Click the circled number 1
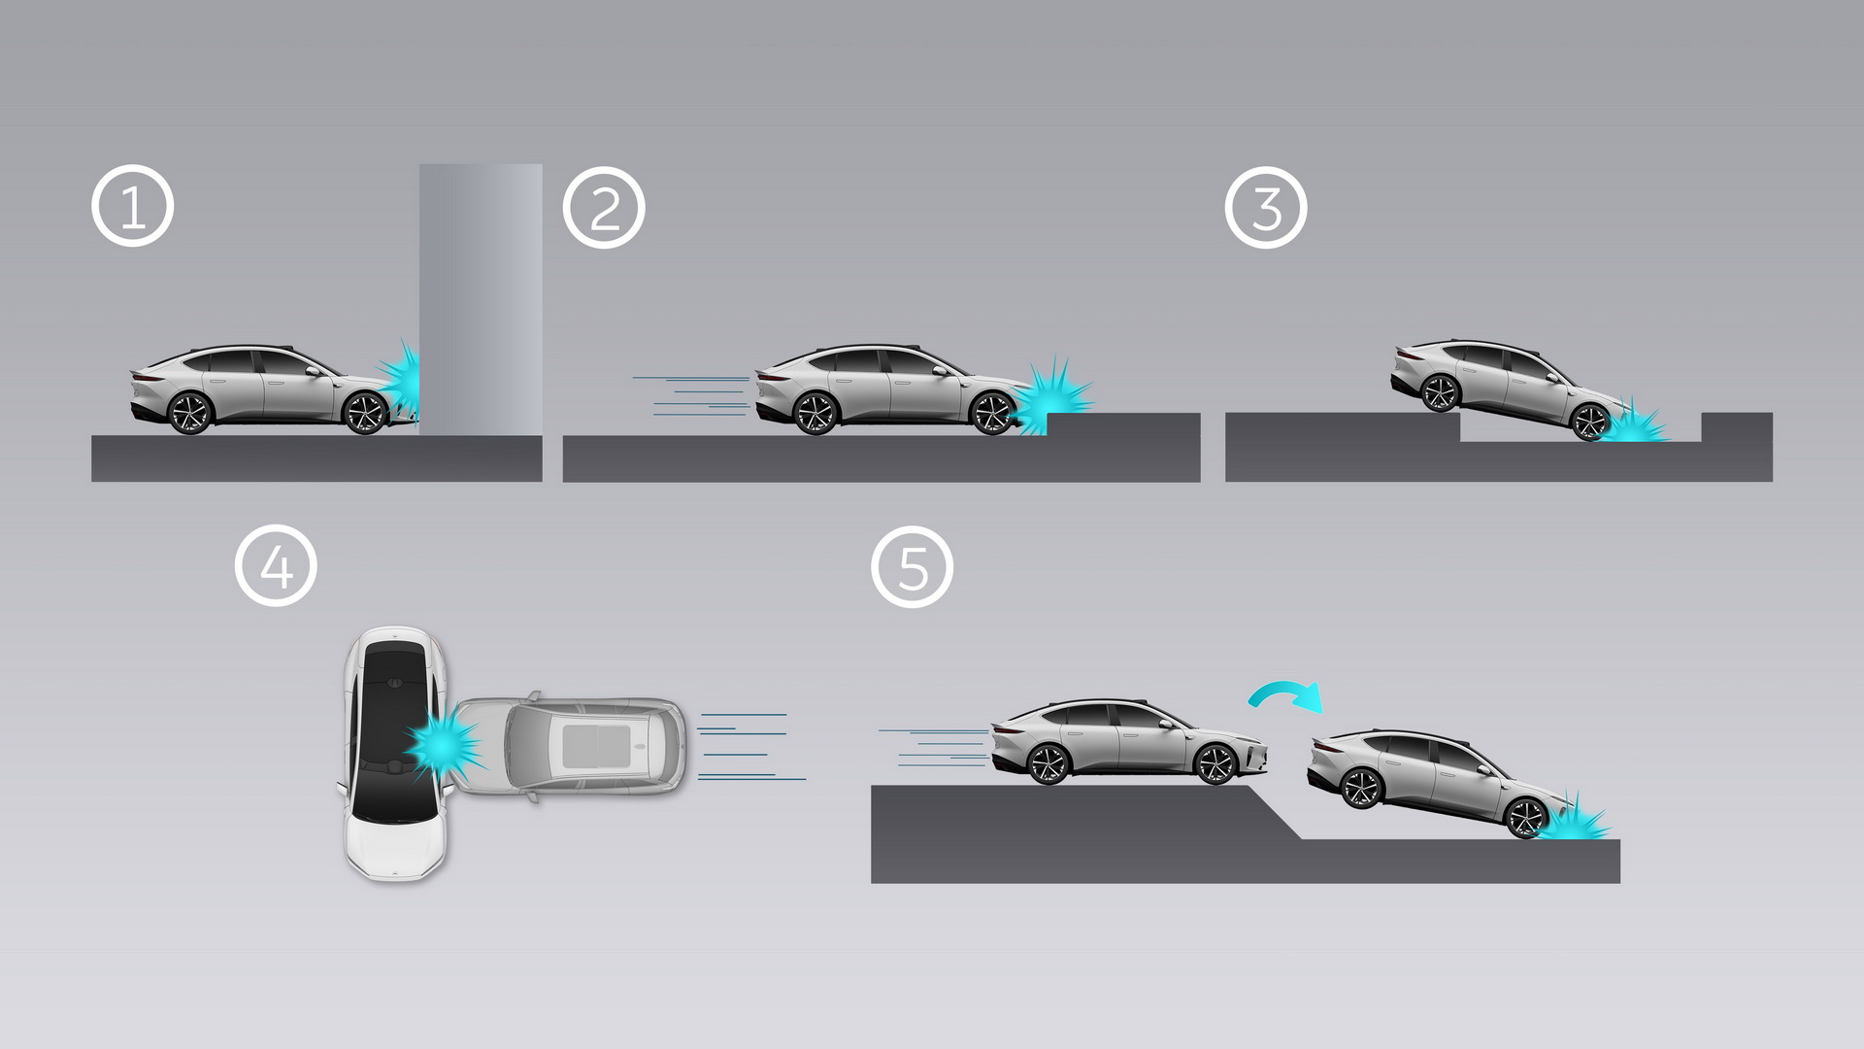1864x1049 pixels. pos(133,207)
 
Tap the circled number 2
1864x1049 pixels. pos(604,208)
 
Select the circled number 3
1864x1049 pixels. pos(1266,208)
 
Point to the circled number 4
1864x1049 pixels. pos(276,566)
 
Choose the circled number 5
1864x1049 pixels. pos(913,567)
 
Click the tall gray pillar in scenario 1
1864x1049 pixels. pos(481,291)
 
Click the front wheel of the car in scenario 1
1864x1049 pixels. pos(365,413)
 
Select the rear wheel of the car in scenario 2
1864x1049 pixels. pos(815,413)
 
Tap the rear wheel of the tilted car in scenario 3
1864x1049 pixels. pos(1440,392)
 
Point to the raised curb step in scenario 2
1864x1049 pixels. pos(1122,424)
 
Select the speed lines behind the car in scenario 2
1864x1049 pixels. pos(691,396)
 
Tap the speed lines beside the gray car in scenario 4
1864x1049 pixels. pos(748,747)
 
